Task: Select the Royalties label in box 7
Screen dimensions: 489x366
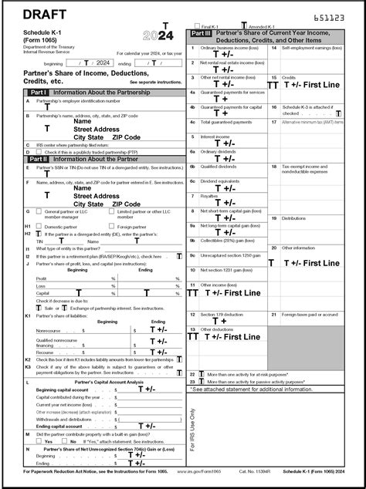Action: click(x=211, y=196)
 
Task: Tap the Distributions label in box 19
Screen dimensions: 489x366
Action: click(x=294, y=218)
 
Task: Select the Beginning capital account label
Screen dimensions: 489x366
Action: click(x=63, y=390)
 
